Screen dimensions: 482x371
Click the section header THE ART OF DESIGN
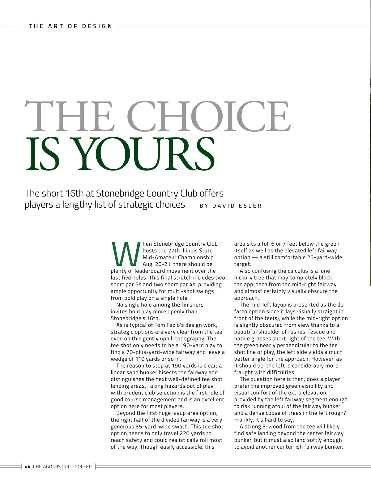(70, 26)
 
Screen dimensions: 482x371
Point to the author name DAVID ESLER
(237, 206)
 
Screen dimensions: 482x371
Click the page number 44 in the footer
(28, 467)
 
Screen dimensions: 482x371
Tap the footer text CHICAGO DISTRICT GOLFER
(62, 467)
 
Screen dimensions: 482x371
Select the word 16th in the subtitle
(75, 193)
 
